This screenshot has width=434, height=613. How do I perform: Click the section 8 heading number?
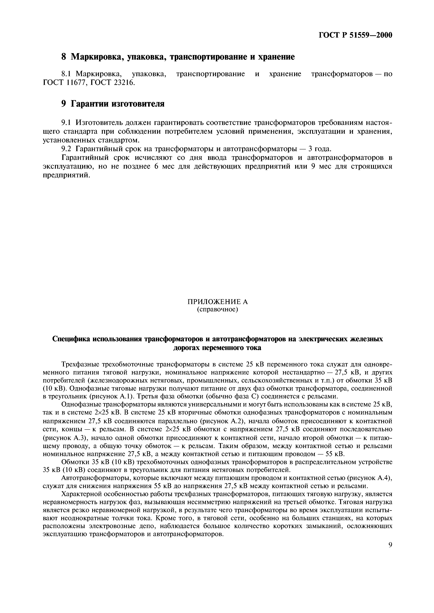coord(63,57)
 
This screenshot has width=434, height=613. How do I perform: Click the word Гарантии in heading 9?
coord(88,104)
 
